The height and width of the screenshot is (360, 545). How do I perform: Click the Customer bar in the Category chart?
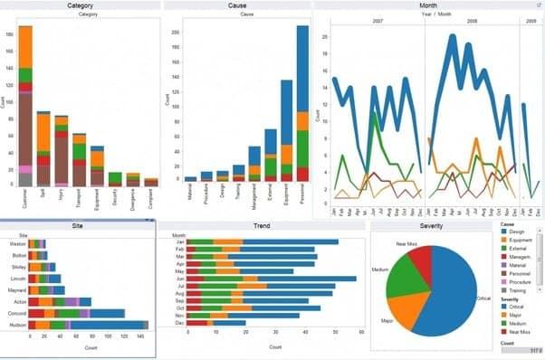pyautogui.click(x=25, y=109)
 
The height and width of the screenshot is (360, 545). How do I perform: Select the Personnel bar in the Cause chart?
pyautogui.click(x=302, y=109)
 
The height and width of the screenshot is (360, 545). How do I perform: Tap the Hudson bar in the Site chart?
pyautogui.click(x=86, y=324)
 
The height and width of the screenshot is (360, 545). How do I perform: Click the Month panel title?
pyautogui.click(x=428, y=5)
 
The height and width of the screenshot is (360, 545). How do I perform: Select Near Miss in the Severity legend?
pyautogui.click(x=521, y=331)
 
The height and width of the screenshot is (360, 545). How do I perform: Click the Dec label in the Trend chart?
pyautogui.click(x=179, y=322)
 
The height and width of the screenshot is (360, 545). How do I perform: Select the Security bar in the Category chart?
pyautogui.click(x=114, y=179)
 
